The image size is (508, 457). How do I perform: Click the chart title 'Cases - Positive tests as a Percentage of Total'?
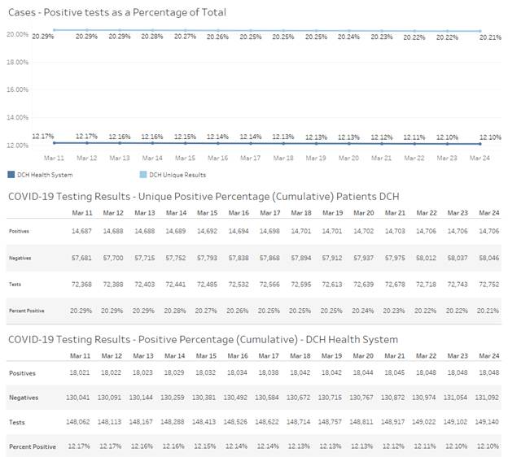point(116,12)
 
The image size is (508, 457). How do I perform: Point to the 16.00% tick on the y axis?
point(18,90)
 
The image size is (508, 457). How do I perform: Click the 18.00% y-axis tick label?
point(18,62)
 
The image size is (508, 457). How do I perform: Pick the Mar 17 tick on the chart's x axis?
point(250,158)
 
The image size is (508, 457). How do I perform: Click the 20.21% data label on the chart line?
point(490,37)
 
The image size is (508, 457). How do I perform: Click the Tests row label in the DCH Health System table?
point(18,421)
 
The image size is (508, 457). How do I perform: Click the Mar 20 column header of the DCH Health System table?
point(349,355)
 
